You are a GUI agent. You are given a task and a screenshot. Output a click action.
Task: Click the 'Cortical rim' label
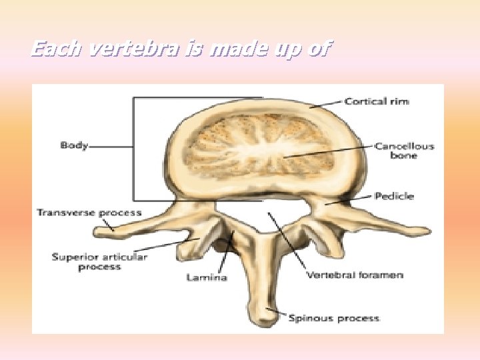tap(377, 101)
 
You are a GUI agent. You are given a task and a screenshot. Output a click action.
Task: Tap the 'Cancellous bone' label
tap(404, 151)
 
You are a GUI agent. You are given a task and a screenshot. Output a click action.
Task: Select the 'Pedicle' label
tap(394, 196)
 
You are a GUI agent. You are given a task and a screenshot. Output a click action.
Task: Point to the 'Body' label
tap(74, 145)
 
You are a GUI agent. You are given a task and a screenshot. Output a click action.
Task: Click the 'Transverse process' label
tap(89, 213)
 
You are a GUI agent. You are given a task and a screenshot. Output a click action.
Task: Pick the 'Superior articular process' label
tap(99, 262)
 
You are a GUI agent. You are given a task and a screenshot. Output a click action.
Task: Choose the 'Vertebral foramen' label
tap(355, 275)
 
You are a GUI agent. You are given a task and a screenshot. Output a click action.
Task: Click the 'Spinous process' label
tap(334, 318)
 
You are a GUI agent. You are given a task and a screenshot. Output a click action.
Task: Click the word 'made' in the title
tap(237, 49)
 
